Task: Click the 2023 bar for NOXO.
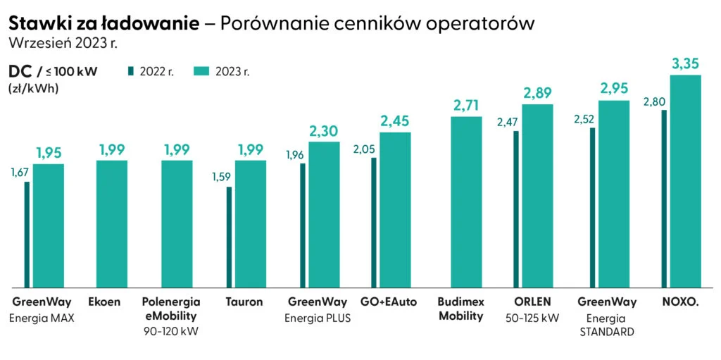pos(685,181)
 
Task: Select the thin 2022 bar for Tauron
pos(229,237)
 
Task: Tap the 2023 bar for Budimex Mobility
pos(466,202)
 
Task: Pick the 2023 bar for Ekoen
pos(111,224)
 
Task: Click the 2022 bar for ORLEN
pos(516,209)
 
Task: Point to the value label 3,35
pos(686,64)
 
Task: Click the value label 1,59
pos(220,176)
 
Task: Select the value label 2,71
pos(466,106)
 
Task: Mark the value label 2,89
pos(538,93)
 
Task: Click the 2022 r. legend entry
pos(151,71)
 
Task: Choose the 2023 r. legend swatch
pos(203,71)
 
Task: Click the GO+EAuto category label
pos(389,302)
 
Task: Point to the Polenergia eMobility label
pos(171,309)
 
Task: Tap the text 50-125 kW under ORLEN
pos(532,318)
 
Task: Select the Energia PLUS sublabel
pos(318,318)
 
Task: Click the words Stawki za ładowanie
pos(104,23)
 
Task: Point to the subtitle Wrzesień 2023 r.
pos(62,42)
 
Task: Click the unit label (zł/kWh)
pos(33,89)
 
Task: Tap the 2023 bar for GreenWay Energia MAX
pos(48,225)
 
